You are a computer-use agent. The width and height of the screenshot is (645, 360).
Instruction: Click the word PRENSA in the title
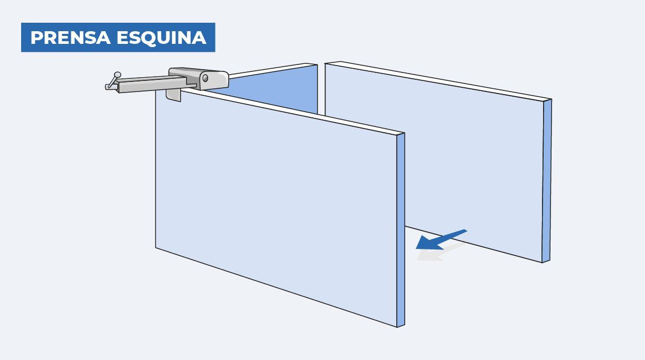(71, 38)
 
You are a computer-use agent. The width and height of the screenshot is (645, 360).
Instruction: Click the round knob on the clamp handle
(117, 75)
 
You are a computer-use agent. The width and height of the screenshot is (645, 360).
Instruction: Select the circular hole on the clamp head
(205, 78)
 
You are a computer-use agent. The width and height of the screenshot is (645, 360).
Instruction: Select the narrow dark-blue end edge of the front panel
(400, 230)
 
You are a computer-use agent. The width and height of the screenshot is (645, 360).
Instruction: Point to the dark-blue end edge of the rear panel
(547, 181)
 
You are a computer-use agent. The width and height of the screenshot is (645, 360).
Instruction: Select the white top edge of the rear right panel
(438, 81)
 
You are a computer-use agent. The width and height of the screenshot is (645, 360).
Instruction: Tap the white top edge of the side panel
(272, 71)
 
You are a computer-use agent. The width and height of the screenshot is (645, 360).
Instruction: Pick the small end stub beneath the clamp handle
(111, 87)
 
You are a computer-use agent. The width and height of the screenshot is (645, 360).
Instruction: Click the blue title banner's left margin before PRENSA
(26, 38)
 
